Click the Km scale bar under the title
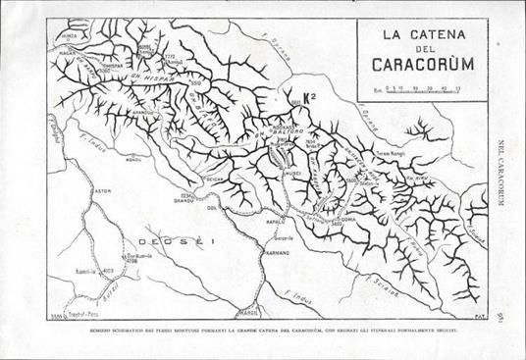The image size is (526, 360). [x=423, y=90]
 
